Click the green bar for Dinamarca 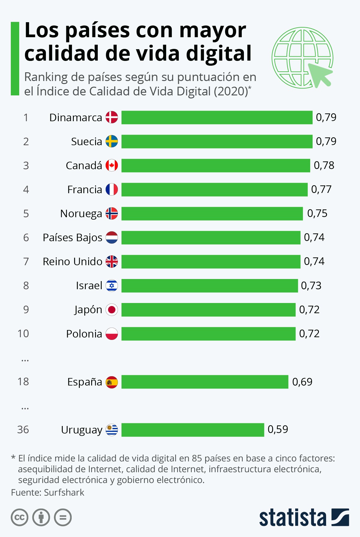[x=217, y=117]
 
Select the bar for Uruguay [x=193, y=430]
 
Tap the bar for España [x=205, y=382]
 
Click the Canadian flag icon [x=112, y=165]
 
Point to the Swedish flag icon [x=112, y=141]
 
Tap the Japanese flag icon [x=112, y=310]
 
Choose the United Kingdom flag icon [x=112, y=262]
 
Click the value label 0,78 [x=324, y=165]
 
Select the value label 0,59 [x=277, y=429]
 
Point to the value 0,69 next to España [x=302, y=382]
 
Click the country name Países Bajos [x=72, y=238]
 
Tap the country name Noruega [x=81, y=214]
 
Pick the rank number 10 [x=23, y=334]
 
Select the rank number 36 [x=23, y=430]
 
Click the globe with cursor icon [x=302, y=58]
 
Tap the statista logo [x=304, y=517]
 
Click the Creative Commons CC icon [x=19, y=517]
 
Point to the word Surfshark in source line [x=64, y=493]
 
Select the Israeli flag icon [x=112, y=286]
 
